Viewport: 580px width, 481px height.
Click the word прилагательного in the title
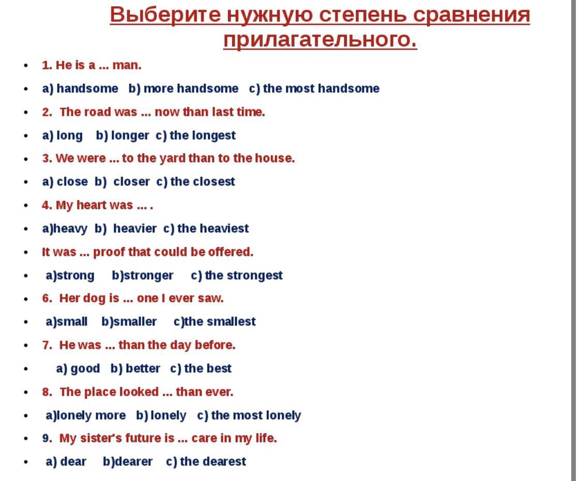click(320, 39)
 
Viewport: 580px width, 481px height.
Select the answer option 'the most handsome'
click(321, 89)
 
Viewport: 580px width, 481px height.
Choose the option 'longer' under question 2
click(130, 136)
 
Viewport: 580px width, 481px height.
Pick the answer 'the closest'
click(202, 182)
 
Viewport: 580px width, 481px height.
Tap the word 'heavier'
click(134, 229)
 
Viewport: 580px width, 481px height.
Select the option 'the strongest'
click(243, 276)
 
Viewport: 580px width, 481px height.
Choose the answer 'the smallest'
click(220, 322)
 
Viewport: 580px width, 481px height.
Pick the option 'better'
click(143, 368)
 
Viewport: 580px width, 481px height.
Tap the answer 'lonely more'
click(91, 415)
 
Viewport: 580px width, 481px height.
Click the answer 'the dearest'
click(212, 462)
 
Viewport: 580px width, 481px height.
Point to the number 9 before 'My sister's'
click(46, 439)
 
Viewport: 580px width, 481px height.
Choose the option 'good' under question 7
click(85, 368)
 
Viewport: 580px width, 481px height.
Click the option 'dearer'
click(132, 462)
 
